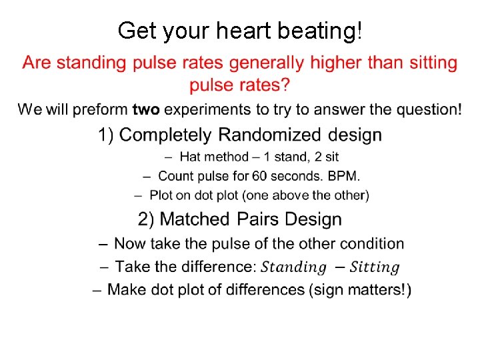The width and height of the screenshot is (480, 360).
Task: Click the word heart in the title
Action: [x=230, y=30]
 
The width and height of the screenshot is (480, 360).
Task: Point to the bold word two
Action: [x=146, y=109]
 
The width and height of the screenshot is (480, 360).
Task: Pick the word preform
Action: [x=103, y=109]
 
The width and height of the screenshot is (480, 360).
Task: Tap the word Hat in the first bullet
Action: [x=191, y=157]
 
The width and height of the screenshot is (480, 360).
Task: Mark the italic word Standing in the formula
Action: [x=293, y=268]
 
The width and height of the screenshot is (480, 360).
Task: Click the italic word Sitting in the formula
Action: [x=375, y=268]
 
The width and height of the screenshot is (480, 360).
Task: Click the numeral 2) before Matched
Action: [x=147, y=219]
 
